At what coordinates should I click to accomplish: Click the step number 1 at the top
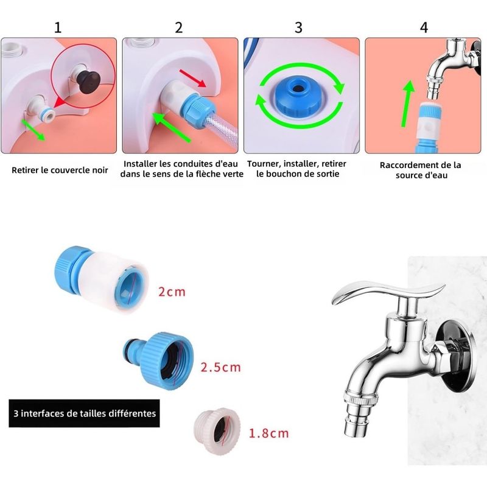[x=58, y=27]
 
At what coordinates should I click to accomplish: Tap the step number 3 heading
[x=298, y=27]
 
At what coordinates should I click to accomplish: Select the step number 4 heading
[x=424, y=27]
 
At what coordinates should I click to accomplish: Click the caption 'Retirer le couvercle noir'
[x=60, y=170]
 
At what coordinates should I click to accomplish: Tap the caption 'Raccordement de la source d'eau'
[x=421, y=170]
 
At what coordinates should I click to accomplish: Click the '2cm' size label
[x=171, y=292]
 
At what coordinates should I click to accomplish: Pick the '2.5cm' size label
[x=220, y=367]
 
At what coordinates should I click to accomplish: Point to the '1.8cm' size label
[x=268, y=433]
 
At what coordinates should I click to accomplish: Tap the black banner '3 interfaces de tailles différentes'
[x=84, y=413]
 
